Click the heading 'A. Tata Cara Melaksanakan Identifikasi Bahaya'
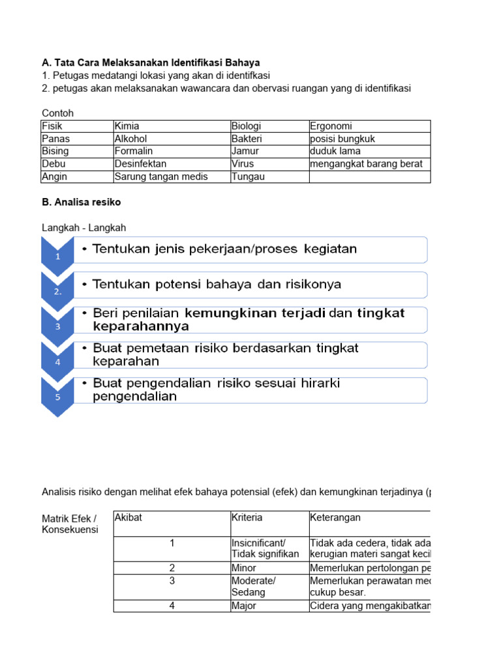click(151, 63)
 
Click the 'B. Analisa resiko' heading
click(81, 202)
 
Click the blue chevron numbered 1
click(57, 255)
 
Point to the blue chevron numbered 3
click(57, 326)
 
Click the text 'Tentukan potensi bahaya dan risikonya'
click(217, 285)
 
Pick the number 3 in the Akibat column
click(172, 580)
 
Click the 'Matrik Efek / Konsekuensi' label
click(70, 524)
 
